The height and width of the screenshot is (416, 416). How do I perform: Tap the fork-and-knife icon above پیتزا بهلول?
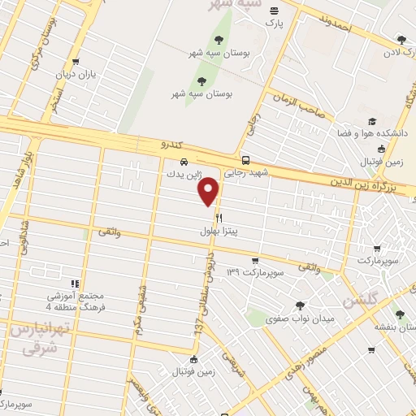click(x=219, y=218)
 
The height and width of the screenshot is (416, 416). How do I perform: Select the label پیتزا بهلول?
click(x=221, y=232)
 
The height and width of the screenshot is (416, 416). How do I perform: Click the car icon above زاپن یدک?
click(x=184, y=161)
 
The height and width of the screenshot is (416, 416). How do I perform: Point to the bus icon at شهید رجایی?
click(x=245, y=160)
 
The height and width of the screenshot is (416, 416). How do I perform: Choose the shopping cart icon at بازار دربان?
click(x=76, y=61)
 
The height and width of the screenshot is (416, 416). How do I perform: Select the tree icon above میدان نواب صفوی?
click(x=301, y=305)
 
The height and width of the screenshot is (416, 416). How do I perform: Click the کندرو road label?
click(x=173, y=144)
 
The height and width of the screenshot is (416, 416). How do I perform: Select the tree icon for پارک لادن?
click(x=400, y=39)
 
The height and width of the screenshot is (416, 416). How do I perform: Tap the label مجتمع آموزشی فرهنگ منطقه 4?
click(x=46, y=299)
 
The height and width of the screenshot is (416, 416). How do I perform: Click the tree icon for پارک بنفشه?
click(x=399, y=315)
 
